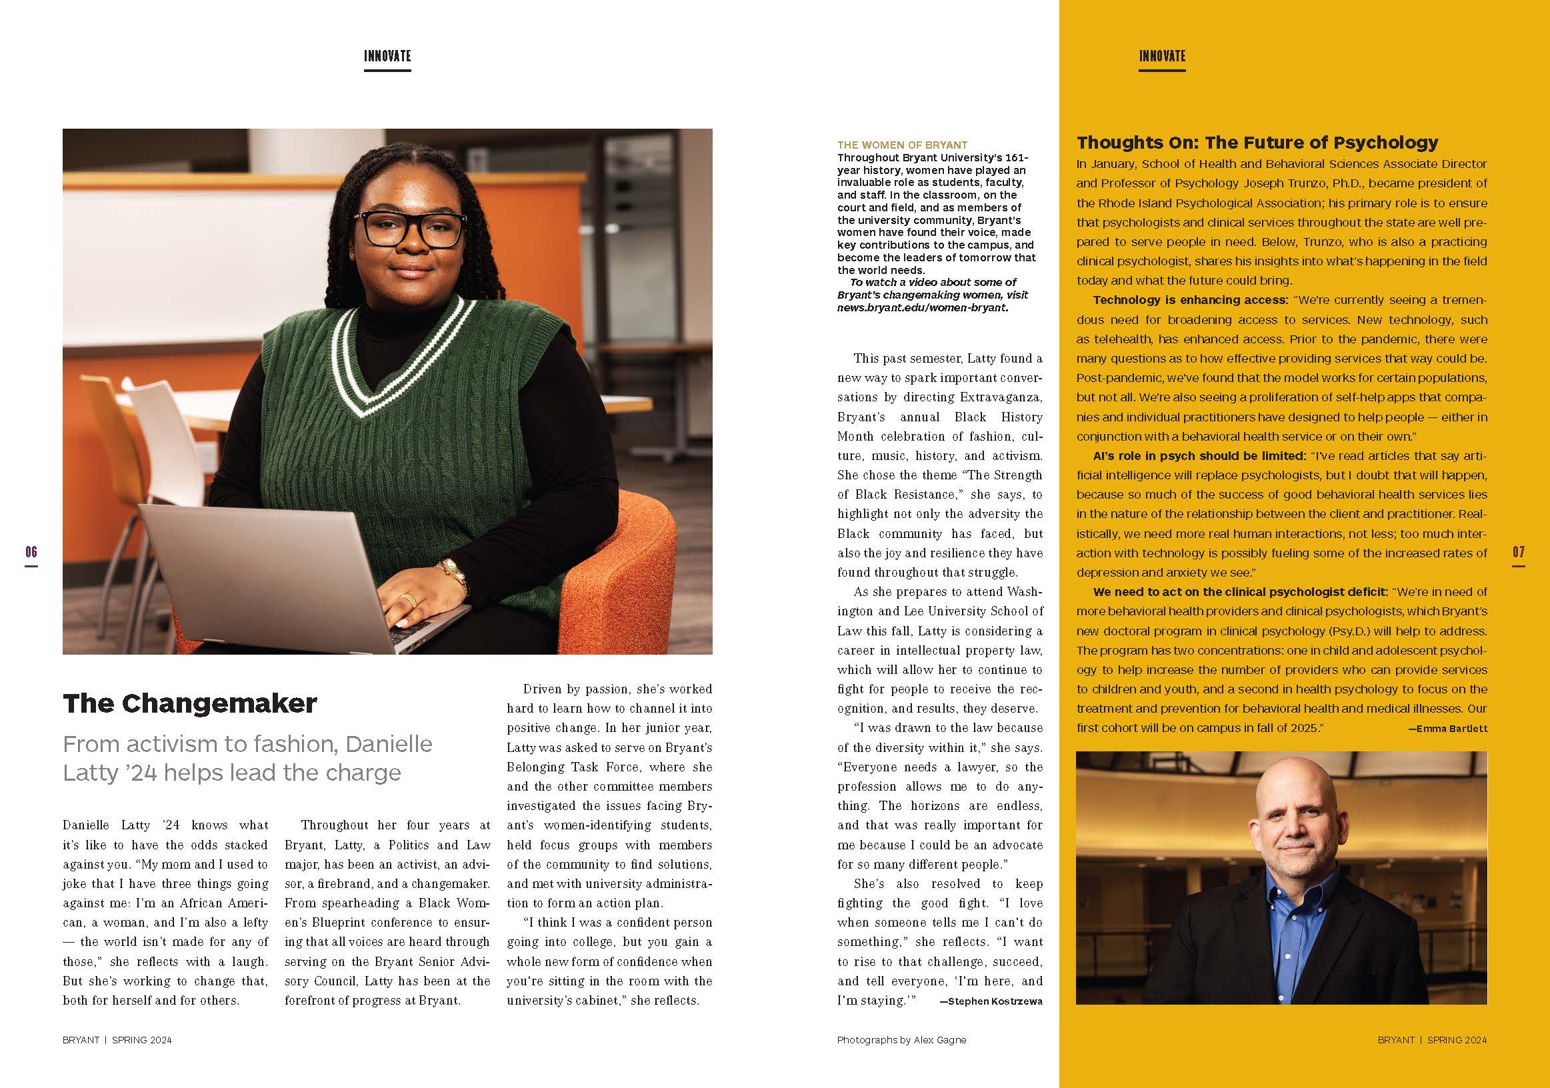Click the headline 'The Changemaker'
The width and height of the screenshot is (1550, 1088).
pyautogui.click(x=190, y=704)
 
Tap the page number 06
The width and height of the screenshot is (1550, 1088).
pyautogui.click(x=31, y=552)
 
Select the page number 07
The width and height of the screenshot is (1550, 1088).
pyautogui.click(x=1518, y=552)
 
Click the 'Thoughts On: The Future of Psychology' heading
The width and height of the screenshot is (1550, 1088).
pyautogui.click(x=1257, y=143)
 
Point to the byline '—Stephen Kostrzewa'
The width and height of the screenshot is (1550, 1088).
pyautogui.click(x=991, y=1001)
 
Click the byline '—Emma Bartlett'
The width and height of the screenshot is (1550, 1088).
pyautogui.click(x=1447, y=729)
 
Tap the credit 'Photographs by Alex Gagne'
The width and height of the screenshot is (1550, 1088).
pyautogui.click(x=901, y=1040)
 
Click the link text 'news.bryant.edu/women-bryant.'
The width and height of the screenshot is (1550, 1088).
pyautogui.click(x=922, y=308)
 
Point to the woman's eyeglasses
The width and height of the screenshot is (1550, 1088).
pyautogui.click(x=414, y=229)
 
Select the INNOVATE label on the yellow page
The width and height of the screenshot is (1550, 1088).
pyautogui.click(x=1162, y=57)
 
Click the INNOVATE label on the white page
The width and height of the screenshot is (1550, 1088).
pyautogui.click(x=387, y=57)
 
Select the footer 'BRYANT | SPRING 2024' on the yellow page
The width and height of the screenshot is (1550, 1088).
pyautogui.click(x=1432, y=1040)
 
